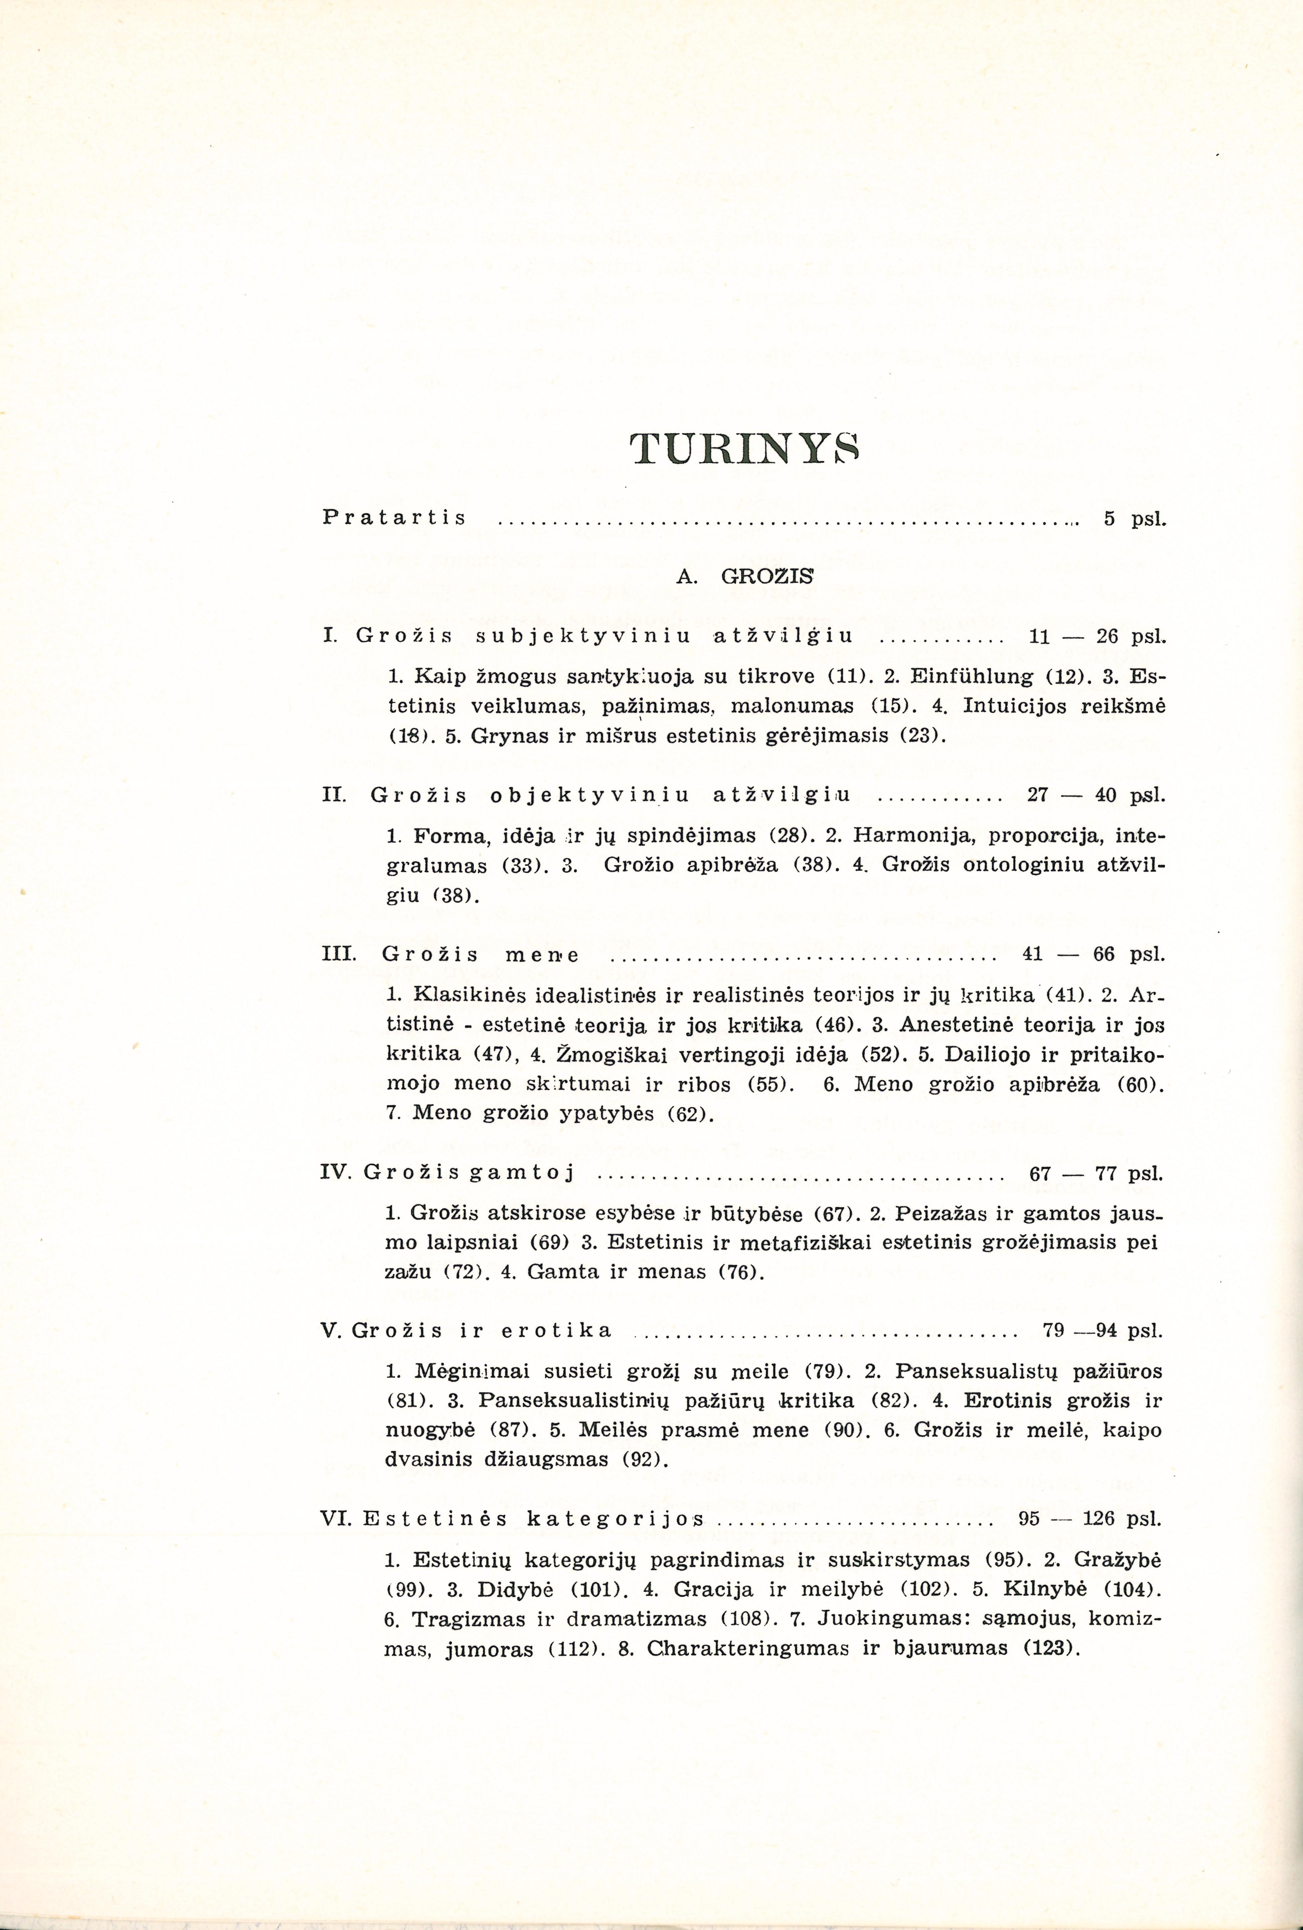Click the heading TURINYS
[x=744, y=449]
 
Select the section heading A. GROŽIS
[x=745, y=576]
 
